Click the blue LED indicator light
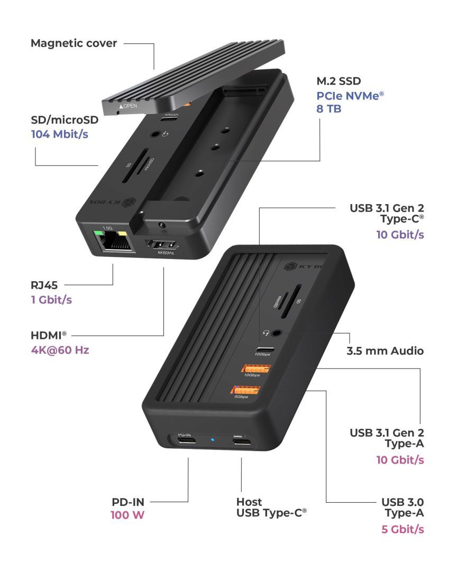(213, 439)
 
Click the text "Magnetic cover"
(74, 43)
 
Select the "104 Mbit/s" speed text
(59, 134)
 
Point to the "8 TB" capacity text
(328, 109)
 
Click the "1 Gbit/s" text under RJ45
(51, 300)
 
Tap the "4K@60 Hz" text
(60, 349)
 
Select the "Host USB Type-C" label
(271, 507)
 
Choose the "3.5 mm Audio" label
(385, 351)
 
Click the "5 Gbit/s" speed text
(403, 529)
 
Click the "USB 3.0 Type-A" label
(403, 507)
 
